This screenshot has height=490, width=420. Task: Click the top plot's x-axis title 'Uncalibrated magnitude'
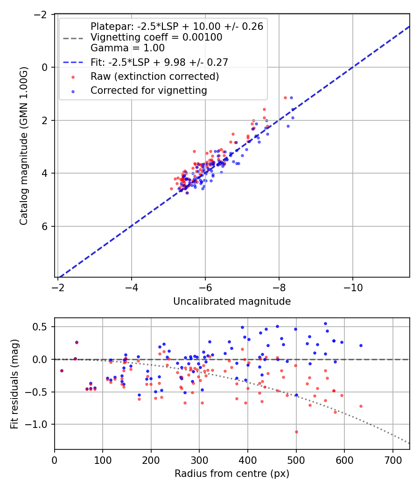tap(232, 301)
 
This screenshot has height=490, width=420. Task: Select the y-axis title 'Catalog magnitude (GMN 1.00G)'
tap(23, 146)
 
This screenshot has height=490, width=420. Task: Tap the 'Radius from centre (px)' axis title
tap(232, 474)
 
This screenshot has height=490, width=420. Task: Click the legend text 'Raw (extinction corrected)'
tap(155, 76)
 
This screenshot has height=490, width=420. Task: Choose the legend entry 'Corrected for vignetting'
tap(149, 91)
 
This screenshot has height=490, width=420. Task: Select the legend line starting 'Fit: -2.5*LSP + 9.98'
tap(159, 62)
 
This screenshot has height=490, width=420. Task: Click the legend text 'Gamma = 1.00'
tap(127, 48)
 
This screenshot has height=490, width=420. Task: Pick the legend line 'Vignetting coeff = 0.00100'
tap(156, 37)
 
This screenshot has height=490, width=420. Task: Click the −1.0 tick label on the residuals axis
tap(39, 424)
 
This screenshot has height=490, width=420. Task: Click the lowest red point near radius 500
tap(296, 432)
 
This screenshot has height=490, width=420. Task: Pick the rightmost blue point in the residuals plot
tap(361, 345)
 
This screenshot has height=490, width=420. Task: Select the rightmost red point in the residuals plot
tap(361, 406)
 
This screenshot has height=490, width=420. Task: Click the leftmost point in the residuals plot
tap(62, 371)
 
